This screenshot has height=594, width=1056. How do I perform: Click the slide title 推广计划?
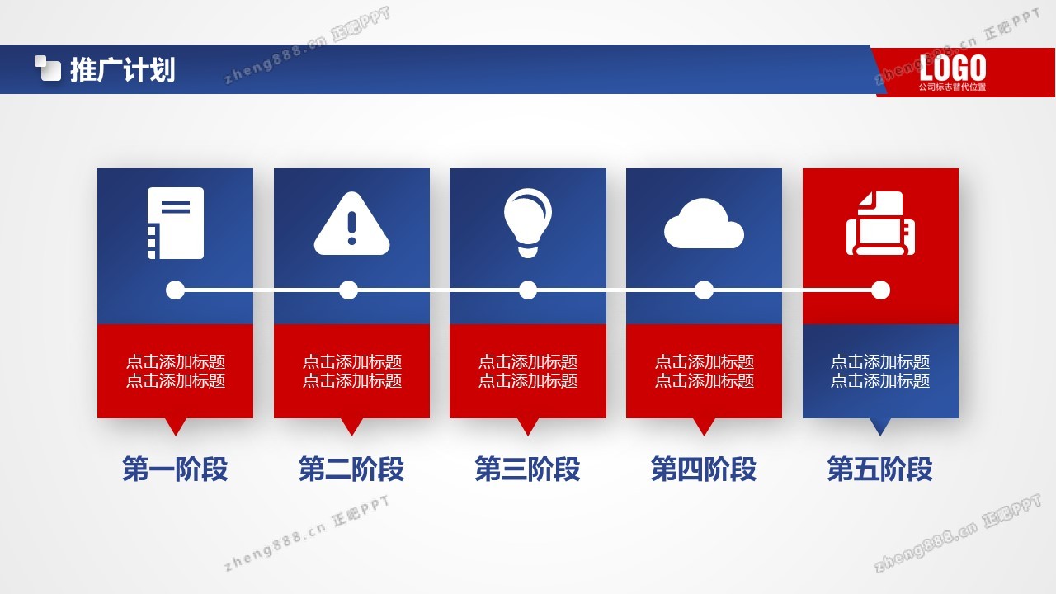click(123, 70)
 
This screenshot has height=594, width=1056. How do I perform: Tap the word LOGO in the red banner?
click(952, 68)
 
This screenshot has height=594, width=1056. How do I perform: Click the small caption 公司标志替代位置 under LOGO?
click(952, 87)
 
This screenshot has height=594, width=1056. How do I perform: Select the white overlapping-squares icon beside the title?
click(48, 68)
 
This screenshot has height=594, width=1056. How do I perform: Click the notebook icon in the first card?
click(176, 223)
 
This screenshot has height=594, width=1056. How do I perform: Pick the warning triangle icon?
click(351, 224)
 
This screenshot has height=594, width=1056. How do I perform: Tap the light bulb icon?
click(527, 223)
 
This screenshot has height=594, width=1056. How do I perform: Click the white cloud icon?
click(704, 224)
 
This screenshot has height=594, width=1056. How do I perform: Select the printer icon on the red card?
click(880, 223)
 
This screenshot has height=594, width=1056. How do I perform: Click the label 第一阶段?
click(175, 469)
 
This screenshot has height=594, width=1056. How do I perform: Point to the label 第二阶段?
click(351, 469)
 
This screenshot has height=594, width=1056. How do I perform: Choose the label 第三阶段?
click(527, 469)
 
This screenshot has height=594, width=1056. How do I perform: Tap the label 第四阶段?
click(704, 469)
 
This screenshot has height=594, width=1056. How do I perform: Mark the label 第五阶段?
click(880, 469)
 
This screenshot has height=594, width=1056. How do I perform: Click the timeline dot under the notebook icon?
click(176, 290)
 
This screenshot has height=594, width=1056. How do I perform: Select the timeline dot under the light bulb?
click(528, 290)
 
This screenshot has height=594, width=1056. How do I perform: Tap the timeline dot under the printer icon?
click(880, 290)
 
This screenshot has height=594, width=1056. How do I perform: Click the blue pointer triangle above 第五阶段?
click(880, 425)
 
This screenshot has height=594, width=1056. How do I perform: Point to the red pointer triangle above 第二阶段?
click(351, 425)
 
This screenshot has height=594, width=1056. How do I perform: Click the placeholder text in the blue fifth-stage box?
click(880, 371)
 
